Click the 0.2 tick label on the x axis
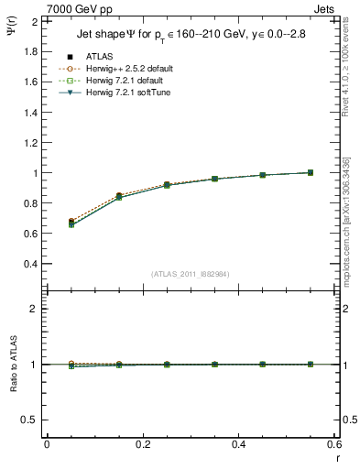(x=143, y=443)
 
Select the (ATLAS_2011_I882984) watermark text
(x=191, y=273)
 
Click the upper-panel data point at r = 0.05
(x=71, y=223)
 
